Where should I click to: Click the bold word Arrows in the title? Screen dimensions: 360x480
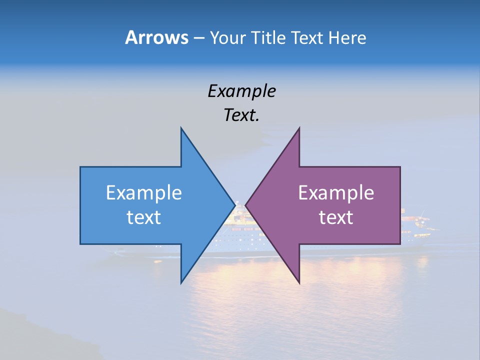click(x=156, y=37)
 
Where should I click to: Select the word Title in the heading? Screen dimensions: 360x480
click(x=270, y=38)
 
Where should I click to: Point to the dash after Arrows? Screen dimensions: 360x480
click(x=198, y=38)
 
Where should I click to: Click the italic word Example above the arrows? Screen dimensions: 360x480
click(x=241, y=91)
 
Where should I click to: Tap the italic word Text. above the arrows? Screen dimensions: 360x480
click(x=241, y=115)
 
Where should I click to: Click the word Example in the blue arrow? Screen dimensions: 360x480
click(x=144, y=193)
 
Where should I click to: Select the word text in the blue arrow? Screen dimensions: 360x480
click(x=144, y=217)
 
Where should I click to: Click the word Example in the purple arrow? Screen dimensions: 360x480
click(x=336, y=193)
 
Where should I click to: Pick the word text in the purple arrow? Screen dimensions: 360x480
click(x=336, y=217)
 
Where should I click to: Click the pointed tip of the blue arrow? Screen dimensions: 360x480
click(x=234, y=204)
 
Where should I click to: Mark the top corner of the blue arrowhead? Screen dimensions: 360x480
click(x=181, y=128)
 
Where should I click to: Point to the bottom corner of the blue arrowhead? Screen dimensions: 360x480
click(x=181, y=282)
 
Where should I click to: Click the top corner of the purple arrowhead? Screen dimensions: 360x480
click(x=299, y=128)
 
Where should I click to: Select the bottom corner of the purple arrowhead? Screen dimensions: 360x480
click(x=299, y=282)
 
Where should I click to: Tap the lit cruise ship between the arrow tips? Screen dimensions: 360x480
click(x=240, y=225)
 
